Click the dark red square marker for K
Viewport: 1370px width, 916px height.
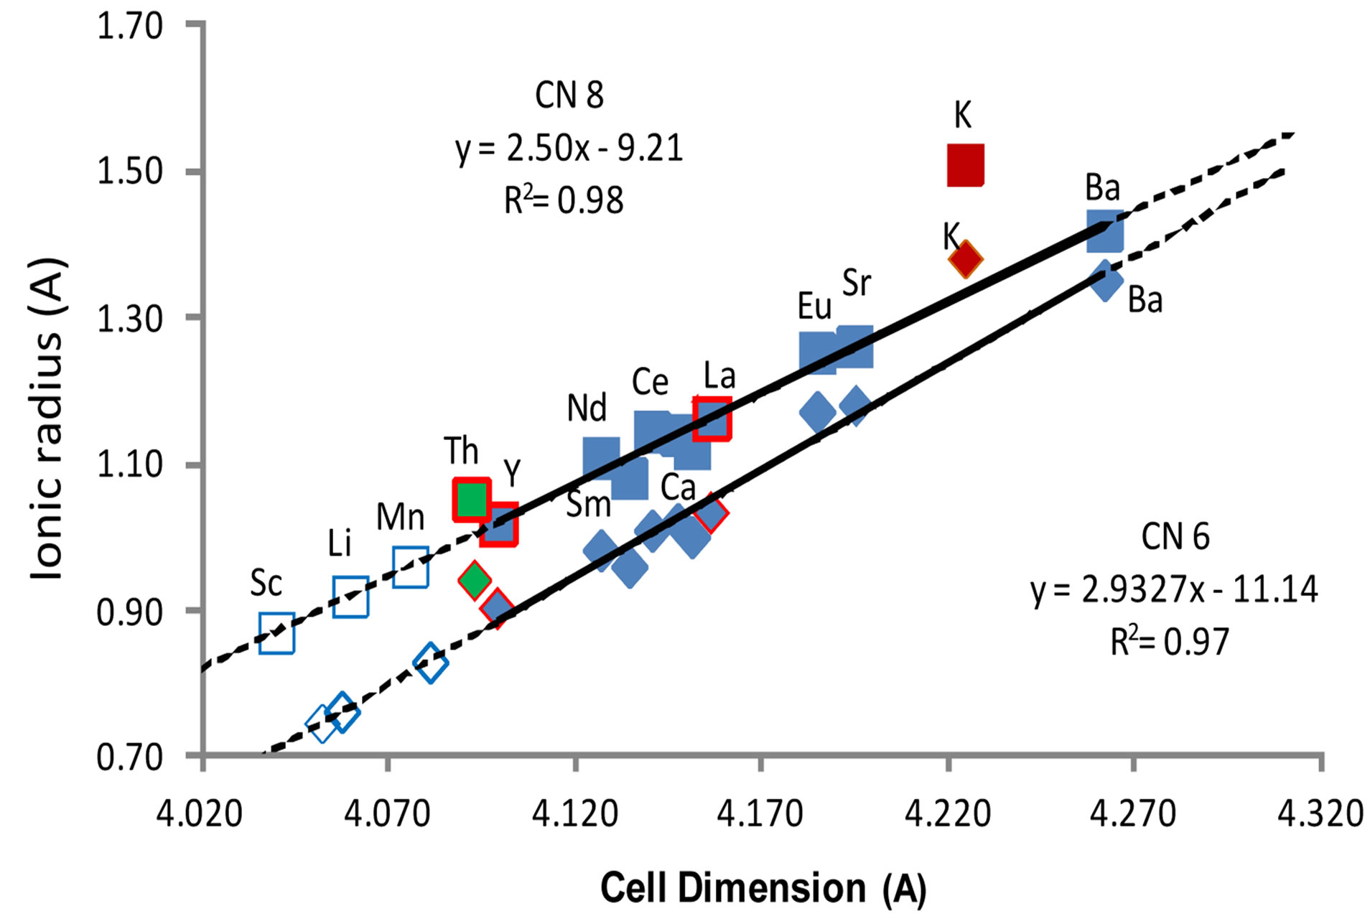(965, 165)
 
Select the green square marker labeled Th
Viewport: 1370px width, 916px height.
(472, 499)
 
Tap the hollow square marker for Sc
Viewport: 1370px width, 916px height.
(276, 633)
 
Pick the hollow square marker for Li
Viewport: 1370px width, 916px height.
(350, 597)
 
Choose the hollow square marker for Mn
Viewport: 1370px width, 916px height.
(411, 567)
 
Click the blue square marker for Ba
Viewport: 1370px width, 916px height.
(1104, 231)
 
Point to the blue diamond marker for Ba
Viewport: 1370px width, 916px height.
(1106, 281)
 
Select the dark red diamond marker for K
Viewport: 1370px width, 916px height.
(966, 259)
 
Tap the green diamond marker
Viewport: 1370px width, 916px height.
(474, 579)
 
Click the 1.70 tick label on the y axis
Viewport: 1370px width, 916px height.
(130, 27)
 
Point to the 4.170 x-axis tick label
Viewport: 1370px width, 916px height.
(760, 813)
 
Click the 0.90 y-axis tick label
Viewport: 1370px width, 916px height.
(130, 612)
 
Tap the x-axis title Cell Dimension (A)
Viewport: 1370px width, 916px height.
(763, 888)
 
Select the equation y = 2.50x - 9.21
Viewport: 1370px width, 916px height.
(569, 149)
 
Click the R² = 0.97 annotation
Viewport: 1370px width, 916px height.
(1170, 641)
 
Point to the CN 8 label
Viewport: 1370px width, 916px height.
(569, 95)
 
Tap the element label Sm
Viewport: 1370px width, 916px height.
(588, 504)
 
